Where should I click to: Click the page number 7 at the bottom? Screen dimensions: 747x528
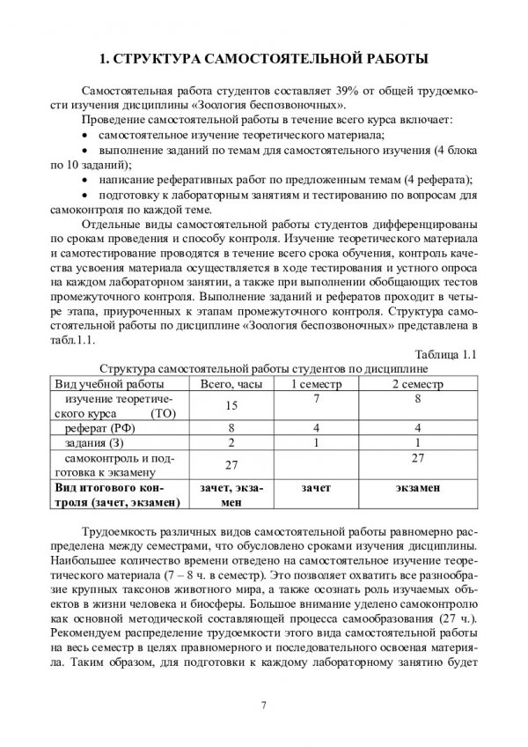263,701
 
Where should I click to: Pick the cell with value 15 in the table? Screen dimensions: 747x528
231,406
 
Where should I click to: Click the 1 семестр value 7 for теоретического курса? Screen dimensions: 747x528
314,399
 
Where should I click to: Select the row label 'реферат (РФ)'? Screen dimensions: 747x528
103,426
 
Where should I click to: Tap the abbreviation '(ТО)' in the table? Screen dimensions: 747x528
163,413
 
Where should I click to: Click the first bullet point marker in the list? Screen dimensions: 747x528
84,135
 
